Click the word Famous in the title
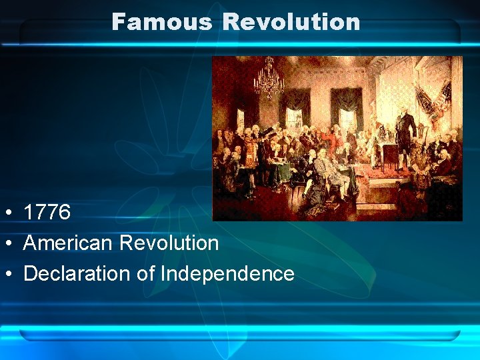162,22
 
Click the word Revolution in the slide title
291,22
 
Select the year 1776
47,213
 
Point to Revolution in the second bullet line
169,243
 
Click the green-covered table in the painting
280,167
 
